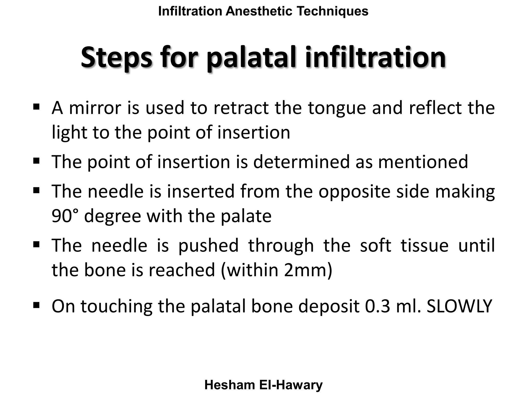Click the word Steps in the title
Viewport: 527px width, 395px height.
116,58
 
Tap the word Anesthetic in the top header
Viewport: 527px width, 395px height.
259,11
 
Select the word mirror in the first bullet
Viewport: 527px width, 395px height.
95,108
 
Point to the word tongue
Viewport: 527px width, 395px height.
337,109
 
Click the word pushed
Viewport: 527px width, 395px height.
208,245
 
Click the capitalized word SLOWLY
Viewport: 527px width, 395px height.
459,306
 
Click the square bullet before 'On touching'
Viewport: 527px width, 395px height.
36,305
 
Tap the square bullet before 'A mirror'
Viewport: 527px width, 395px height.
36,106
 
